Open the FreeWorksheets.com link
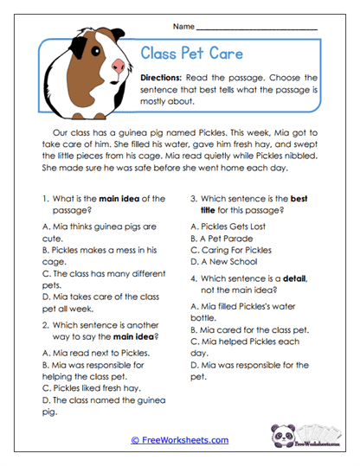pos(180,440)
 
